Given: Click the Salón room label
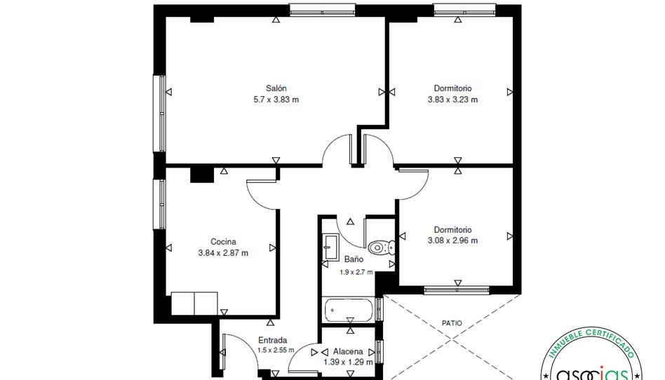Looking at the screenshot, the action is point(276,88).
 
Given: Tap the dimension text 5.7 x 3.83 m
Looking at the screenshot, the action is point(276,100).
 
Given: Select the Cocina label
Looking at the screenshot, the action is point(223,242).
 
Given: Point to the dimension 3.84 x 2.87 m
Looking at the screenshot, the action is point(223,253).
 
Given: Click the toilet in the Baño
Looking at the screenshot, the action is point(381,247).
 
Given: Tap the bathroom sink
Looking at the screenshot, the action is point(330,247).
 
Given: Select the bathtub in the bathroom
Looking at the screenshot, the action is point(349,310).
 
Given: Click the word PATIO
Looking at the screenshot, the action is point(452,323).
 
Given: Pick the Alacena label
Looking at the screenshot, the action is point(348,351).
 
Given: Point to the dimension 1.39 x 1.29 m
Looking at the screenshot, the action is point(348,362).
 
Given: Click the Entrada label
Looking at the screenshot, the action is point(273,340).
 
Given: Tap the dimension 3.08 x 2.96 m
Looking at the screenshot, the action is point(452,241).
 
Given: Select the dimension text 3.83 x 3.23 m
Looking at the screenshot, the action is point(452,100).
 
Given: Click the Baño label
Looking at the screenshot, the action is point(354,259).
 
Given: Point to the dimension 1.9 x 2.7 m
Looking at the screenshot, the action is point(356,272).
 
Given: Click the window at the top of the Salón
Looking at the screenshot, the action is point(322,11).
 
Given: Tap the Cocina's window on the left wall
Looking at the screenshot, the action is point(159,205).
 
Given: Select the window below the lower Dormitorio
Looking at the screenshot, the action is point(457,290).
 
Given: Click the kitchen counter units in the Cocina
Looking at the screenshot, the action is point(194,304).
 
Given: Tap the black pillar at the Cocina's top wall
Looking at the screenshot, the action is point(202,175).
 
